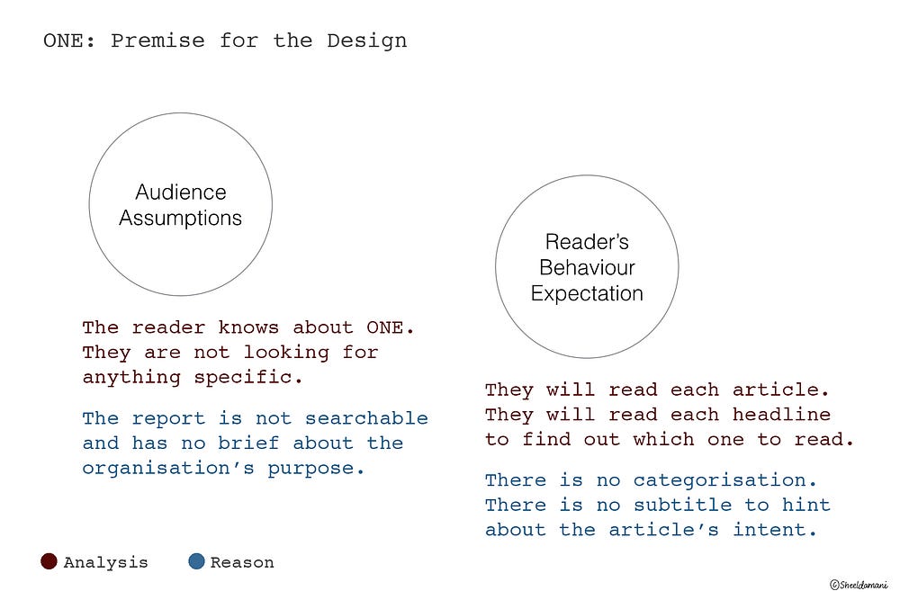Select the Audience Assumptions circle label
click(x=181, y=205)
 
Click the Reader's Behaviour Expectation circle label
click(x=587, y=267)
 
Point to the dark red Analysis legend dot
click(x=49, y=562)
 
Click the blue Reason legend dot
click(x=196, y=562)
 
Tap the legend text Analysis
click(x=105, y=562)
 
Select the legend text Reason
click(x=242, y=562)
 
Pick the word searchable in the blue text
click(x=366, y=418)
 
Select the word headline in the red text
click(x=781, y=415)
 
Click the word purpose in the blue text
click(x=316, y=468)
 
